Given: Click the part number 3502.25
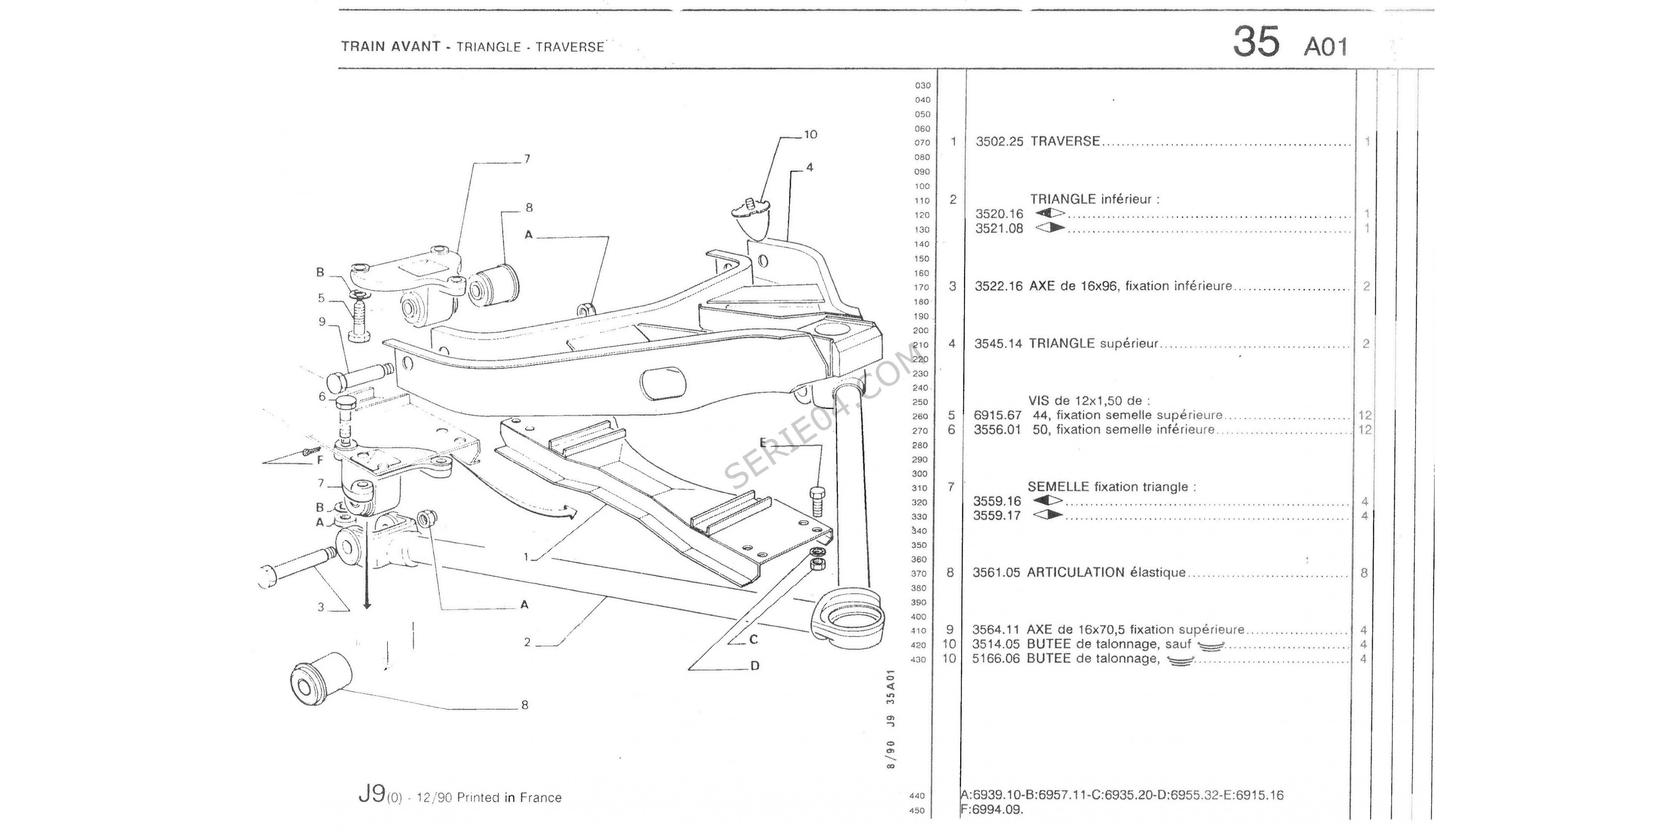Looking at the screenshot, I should pyautogui.click(x=999, y=142).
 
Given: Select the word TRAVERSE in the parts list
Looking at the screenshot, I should pyautogui.click(x=1065, y=142).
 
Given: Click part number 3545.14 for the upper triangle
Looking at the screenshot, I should pyautogui.click(x=998, y=344).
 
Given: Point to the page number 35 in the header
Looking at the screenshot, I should pyautogui.click(x=1256, y=42).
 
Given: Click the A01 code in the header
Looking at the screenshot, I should pyautogui.click(x=1325, y=47).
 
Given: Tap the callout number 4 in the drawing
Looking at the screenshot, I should pyautogui.click(x=809, y=167).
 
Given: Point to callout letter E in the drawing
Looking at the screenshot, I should pyautogui.click(x=763, y=442).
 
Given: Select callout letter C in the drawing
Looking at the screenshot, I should pyautogui.click(x=753, y=640).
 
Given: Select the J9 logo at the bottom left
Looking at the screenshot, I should pyautogui.click(x=371, y=795).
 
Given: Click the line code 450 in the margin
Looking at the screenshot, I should pyautogui.click(x=917, y=811).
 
